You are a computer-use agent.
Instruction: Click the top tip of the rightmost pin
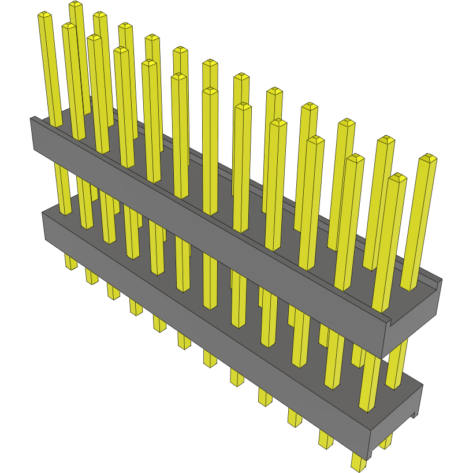click(x=428, y=158)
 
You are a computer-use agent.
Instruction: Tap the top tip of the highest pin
click(x=76, y=5)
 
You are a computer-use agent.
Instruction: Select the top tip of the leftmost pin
click(x=45, y=15)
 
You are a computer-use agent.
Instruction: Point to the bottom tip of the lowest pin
click(x=359, y=465)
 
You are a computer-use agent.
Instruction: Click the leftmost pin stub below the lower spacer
click(x=70, y=262)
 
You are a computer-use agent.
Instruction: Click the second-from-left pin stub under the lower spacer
click(x=91, y=276)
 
